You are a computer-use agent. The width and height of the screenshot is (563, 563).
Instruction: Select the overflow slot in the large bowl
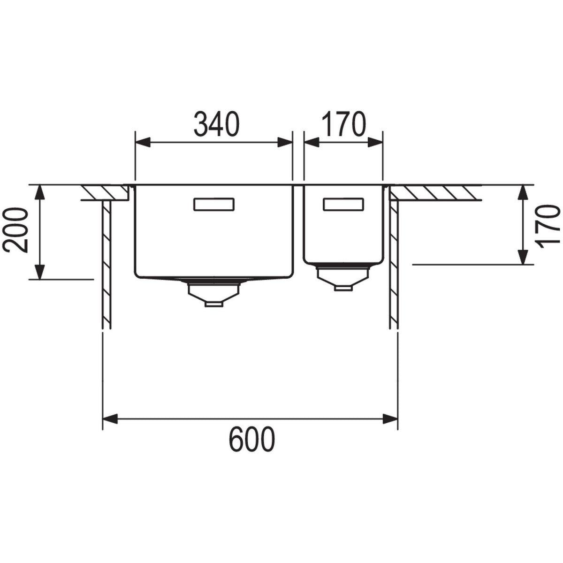coord(213,205)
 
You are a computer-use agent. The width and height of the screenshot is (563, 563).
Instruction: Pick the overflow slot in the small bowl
coord(343,205)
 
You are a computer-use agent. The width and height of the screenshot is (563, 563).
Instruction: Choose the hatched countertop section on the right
coord(434,192)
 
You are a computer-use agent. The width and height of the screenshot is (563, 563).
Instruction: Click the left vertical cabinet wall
coord(107,263)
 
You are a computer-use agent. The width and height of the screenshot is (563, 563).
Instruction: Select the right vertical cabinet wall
coord(394,263)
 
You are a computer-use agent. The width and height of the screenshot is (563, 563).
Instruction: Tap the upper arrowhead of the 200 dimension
coord(40,192)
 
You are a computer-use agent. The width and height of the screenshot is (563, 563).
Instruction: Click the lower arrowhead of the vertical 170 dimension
coord(522,257)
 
